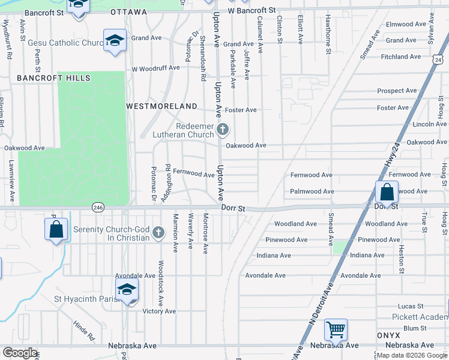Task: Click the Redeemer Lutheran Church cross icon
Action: (223, 129)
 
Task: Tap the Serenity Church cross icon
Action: (158, 232)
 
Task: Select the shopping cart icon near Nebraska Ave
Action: (336, 329)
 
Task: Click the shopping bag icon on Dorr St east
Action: (387, 192)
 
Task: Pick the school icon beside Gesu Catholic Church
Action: (115, 41)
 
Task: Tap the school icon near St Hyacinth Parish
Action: (127, 290)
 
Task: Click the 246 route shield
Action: (98, 207)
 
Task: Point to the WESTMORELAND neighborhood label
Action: (161, 106)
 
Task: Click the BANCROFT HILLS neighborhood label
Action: (53, 78)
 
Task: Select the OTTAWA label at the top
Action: (128, 12)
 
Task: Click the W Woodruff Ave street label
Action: (156, 68)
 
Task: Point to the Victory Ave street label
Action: (159, 311)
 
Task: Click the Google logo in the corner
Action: (20, 353)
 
